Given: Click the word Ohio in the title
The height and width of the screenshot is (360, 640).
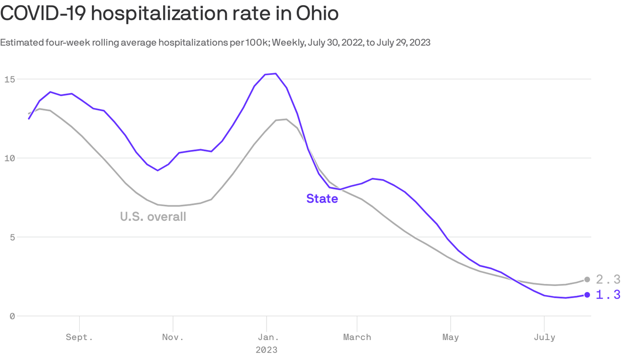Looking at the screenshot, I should [317, 13].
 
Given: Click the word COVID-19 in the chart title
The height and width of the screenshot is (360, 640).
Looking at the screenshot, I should [42, 13].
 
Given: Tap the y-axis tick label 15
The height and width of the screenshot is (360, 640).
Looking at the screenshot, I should [9, 79].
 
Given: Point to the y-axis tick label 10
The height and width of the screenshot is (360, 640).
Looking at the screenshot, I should [9, 158].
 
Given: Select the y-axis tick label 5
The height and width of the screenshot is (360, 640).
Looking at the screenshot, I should [12, 237].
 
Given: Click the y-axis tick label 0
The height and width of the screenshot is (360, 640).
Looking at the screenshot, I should [12, 316].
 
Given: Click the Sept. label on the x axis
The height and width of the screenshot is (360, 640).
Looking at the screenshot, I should [79, 337].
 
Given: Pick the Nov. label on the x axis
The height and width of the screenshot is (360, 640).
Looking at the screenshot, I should [173, 337].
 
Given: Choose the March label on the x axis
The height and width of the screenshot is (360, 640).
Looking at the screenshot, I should [357, 337].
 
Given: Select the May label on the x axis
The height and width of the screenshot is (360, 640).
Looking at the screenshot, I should [450, 337].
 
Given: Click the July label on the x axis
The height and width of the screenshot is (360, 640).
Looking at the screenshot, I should [544, 337].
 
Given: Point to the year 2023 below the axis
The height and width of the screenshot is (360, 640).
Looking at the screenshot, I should [266, 350].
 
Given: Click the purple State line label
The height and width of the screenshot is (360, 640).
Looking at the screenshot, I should [322, 199].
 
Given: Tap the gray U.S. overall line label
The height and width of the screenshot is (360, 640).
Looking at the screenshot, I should [153, 217].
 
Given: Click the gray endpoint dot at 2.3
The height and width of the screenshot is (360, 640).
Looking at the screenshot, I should [587, 279].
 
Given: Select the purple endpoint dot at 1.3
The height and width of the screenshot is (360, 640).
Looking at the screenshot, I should [587, 295].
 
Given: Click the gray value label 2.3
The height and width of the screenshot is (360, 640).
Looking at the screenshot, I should [608, 280].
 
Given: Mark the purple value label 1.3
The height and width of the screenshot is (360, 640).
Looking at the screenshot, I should [608, 295].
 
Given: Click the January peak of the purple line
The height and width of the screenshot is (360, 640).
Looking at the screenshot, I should [275, 74].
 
